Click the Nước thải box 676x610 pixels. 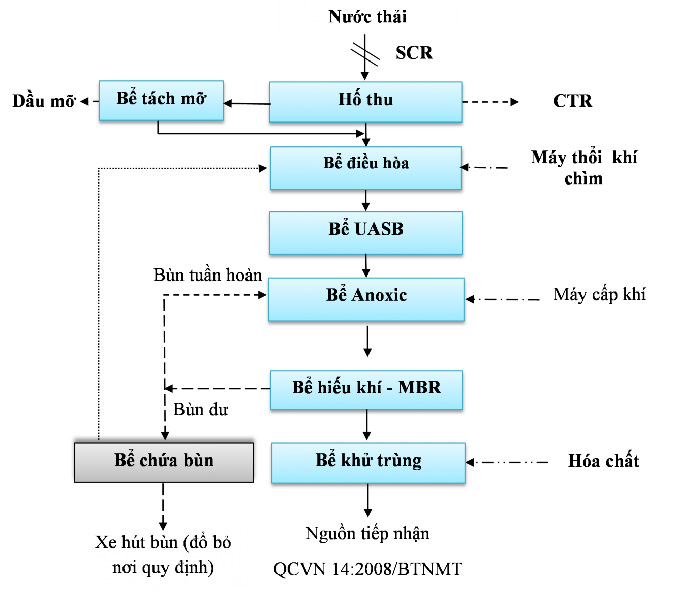[367, 18]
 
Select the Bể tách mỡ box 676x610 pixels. [161, 100]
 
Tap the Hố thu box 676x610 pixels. [365, 102]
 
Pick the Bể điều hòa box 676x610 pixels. [366, 168]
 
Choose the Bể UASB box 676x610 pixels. [366, 233]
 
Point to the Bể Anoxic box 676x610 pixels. [366, 299]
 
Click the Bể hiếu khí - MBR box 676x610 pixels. [366, 389]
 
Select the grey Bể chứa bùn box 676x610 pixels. [164, 462]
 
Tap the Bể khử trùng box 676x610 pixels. [368, 463]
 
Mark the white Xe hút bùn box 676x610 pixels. [163, 557]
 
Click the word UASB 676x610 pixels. [379, 229]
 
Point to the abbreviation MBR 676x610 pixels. [419, 388]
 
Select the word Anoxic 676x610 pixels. [380, 295]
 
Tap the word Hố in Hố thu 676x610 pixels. [350, 98]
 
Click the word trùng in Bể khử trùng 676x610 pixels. [400, 461]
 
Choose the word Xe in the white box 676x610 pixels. [106, 542]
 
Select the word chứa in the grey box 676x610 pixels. [159, 461]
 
